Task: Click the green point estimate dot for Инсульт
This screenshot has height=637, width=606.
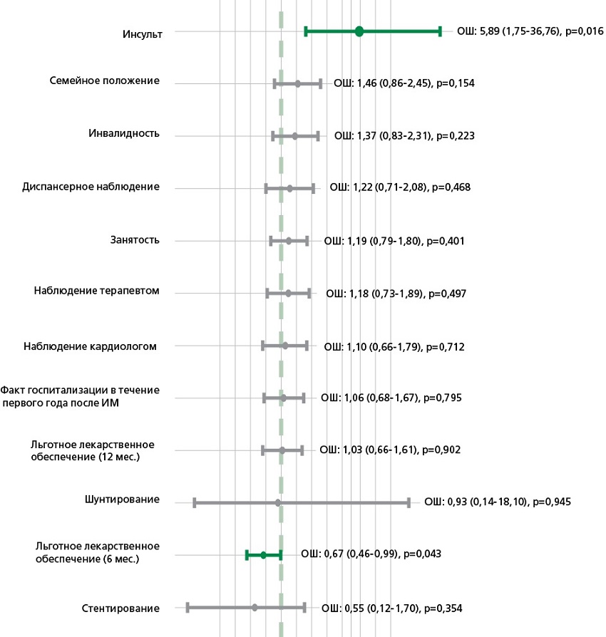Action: click(x=359, y=31)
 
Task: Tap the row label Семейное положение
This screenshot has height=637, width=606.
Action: click(x=104, y=81)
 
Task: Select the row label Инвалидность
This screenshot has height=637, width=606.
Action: click(x=124, y=134)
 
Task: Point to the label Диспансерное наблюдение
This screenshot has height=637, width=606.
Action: click(x=91, y=187)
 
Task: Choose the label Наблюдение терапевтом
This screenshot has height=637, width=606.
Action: click(x=96, y=291)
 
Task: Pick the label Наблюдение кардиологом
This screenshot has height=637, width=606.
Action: click(x=90, y=346)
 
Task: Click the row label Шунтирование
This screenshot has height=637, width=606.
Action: click(x=121, y=499)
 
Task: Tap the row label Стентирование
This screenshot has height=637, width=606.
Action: click(x=120, y=608)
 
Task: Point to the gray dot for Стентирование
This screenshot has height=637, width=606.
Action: click(x=255, y=608)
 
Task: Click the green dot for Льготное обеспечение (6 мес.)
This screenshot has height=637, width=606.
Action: click(x=263, y=554)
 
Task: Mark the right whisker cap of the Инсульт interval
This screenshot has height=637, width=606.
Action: click(x=441, y=31)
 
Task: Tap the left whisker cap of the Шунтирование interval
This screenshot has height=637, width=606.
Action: click(x=195, y=503)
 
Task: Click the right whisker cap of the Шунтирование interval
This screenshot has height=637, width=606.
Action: click(x=409, y=503)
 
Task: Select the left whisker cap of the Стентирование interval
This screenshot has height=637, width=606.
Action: click(x=188, y=608)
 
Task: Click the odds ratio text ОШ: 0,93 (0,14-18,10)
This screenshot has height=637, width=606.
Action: click(x=476, y=502)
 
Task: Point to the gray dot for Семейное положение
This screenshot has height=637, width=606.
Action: click(x=298, y=84)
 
